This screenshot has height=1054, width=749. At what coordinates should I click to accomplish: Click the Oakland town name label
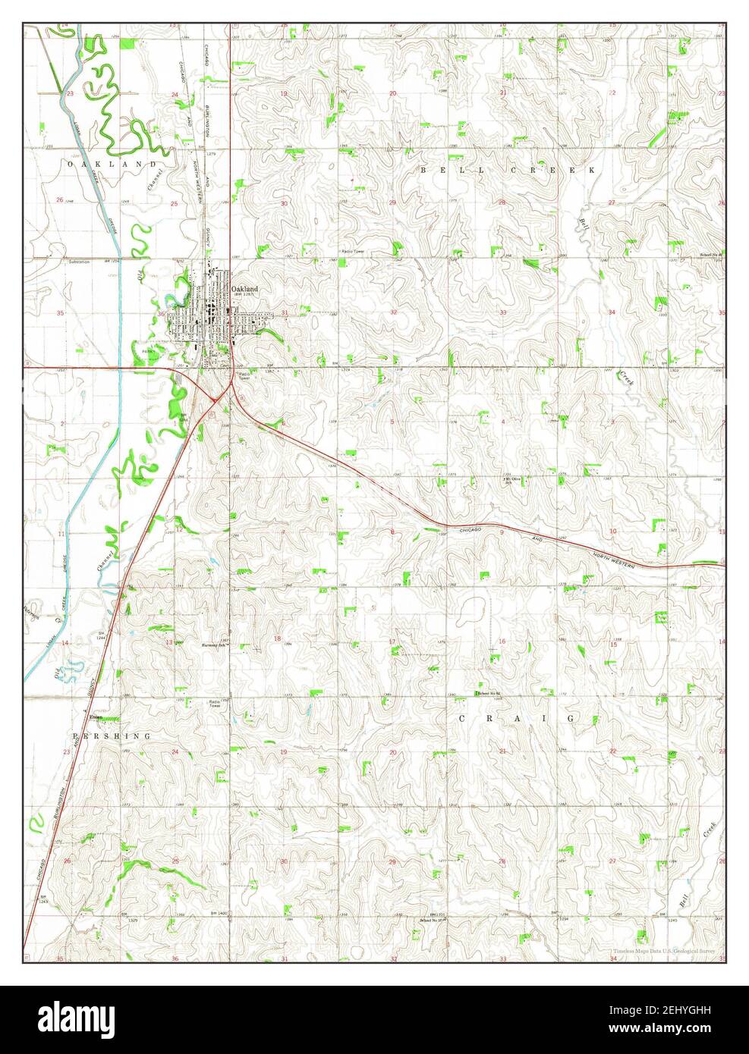click(x=245, y=289)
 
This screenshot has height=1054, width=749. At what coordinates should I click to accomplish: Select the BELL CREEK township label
click(x=508, y=171)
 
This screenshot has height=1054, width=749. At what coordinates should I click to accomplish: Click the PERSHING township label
click(x=111, y=736)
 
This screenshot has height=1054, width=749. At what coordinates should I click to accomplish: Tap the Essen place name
click(x=96, y=717)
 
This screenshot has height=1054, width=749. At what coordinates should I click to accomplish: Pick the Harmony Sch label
click(x=213, y=645)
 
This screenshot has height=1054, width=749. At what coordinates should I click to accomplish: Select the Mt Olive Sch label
click(x=513, y=480)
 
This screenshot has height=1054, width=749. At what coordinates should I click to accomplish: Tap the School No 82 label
click(x=490, y=693)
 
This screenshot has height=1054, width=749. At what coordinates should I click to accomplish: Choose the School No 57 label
click(x=430, y=921)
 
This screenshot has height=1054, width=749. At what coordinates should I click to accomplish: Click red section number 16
click(x=501, y=642)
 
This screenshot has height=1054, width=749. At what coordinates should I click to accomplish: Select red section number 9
click(x=501, y=532)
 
